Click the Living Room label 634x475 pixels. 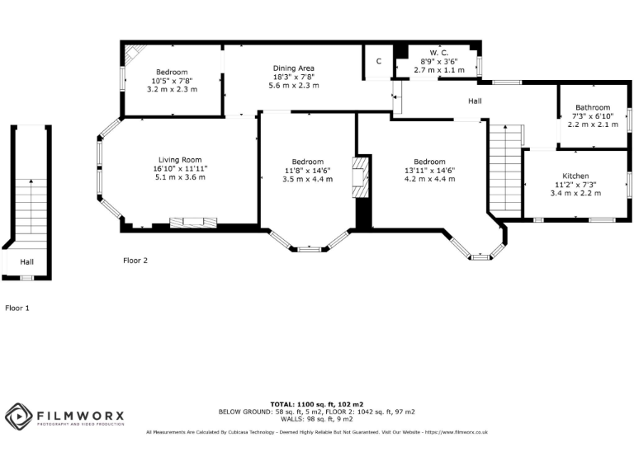coord(180,160)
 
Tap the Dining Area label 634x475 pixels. coord(294,68)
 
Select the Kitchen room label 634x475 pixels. coord(575,176)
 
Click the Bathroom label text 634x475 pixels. coord(593,107)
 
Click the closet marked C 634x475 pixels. coord(378,62)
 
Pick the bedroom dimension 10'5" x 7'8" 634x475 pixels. coord(173,81)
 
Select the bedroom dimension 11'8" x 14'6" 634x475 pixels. coord(308,170)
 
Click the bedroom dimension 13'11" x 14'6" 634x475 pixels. coord(429,170)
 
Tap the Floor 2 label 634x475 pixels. coord(135,261)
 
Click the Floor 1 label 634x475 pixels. coord(17,308)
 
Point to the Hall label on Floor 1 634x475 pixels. coord(27,261)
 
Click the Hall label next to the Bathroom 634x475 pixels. coord(475,101)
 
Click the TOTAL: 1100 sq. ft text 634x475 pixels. coord(317,404)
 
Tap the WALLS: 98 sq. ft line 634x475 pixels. coord(317,419)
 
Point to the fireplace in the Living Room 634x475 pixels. coord(193,221)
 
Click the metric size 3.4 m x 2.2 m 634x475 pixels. coord(575,193)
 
